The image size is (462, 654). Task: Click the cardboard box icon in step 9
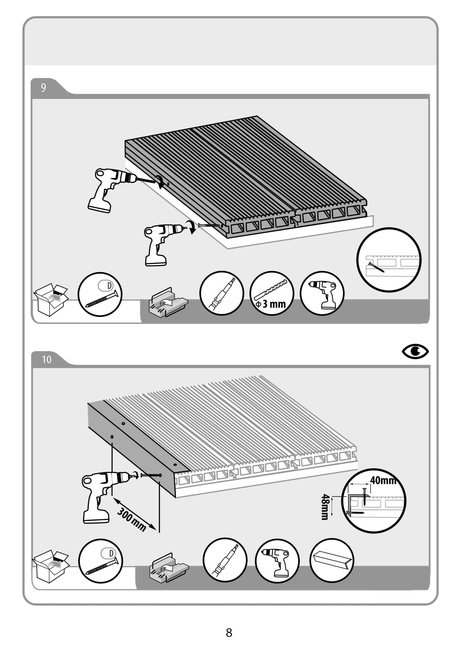click(x=51, y=300)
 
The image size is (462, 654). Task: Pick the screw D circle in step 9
click(x=100, y=294)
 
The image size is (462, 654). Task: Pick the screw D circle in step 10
click(x=100, y=561)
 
